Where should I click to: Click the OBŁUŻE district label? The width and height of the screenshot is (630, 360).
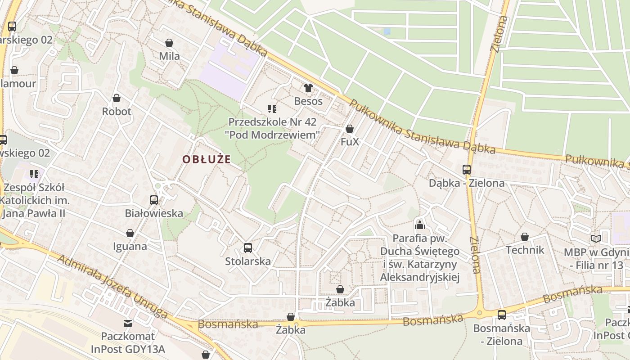[x=207, y=159]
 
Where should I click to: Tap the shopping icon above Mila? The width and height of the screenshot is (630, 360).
[x=169, y=43]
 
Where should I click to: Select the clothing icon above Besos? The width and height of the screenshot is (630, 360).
[x=308, y=88]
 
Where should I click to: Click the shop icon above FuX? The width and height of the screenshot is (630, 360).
[x=350, y=129]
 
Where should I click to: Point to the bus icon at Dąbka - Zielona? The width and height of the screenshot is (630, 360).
[x=467, y=170]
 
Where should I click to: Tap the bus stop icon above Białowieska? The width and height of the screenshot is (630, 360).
[x=154, y=200]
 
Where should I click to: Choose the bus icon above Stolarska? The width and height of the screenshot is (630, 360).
[x=248, y=247]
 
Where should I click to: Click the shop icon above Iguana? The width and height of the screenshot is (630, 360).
[x=130, y=233]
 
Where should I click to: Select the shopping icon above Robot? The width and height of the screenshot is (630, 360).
[x=117, y=98]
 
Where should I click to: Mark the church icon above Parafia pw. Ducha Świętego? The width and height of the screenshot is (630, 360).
[x=420, y=225]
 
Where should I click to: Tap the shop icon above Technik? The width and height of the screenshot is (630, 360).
[x=525, y=237]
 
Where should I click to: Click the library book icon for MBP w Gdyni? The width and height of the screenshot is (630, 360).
[x=596, y=239]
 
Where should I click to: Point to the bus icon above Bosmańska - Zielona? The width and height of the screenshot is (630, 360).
[x=502, y=315]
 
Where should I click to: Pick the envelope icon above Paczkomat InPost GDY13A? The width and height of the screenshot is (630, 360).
[x=128, y=323]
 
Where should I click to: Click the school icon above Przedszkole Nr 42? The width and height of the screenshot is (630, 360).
[x=272, y=108]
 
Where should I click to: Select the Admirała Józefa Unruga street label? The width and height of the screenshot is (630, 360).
[x=112, y=285]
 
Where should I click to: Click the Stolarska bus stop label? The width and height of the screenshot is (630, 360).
[x=248, y=261]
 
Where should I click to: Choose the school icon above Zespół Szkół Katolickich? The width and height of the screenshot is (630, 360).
[x=34, y=174]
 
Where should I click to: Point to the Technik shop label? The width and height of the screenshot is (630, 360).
[x=525, y=250]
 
